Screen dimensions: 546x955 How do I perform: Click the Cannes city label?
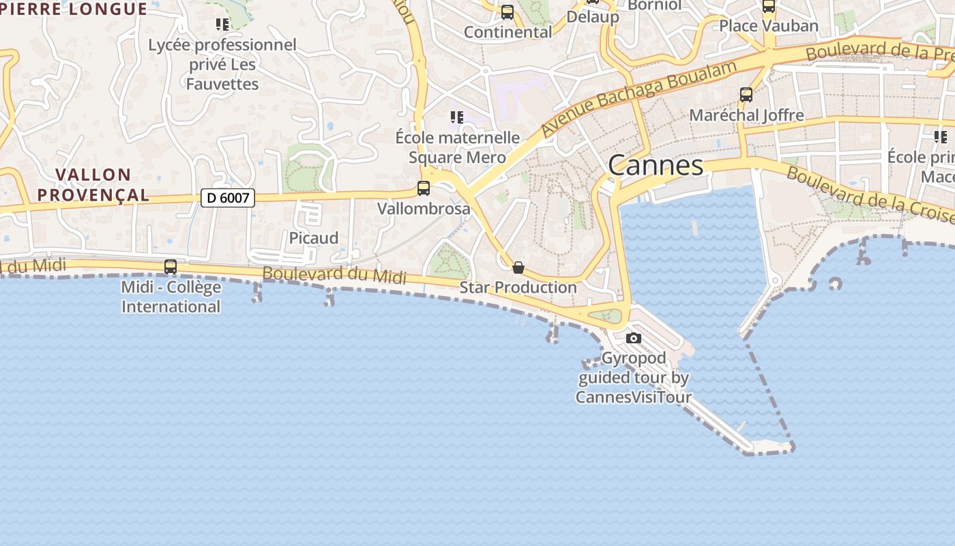(655, 165)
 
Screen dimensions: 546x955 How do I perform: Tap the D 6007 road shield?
(228, 198)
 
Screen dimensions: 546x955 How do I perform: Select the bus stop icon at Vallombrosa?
(424, 188)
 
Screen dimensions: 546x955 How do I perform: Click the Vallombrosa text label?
(424, 208)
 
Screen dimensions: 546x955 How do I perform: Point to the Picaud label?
(314, 238)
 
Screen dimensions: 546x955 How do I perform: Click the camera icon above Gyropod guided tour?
(634, 338)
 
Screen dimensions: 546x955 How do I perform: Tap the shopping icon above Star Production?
(518, 268)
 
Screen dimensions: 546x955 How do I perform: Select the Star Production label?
(518, 287)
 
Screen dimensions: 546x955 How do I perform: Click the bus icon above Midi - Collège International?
(171, 267)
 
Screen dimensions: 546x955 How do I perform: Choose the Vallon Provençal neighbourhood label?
(93, 185)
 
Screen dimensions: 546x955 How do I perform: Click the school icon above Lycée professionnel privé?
(222, 25)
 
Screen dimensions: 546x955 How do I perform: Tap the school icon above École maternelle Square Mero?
(457, 117)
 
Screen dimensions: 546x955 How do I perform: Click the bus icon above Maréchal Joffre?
(746, 95)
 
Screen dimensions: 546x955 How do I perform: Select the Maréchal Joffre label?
(746, 115)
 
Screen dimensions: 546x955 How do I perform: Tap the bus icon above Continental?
(508, 12)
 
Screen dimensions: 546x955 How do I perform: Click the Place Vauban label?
(769, 26)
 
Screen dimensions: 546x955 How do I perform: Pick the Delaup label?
(593, 17)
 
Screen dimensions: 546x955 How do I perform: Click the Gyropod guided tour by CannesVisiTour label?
(634, 377)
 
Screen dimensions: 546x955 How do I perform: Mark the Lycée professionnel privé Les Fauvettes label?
(222, 64)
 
